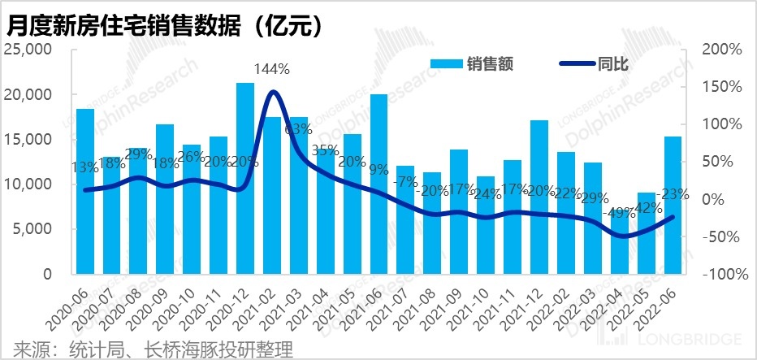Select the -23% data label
pyautogui.click(x=673, y=195)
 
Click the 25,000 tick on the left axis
pyautogui.click(x=28, y=50)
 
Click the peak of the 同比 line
pyautogui.click(x=274, y=91)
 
